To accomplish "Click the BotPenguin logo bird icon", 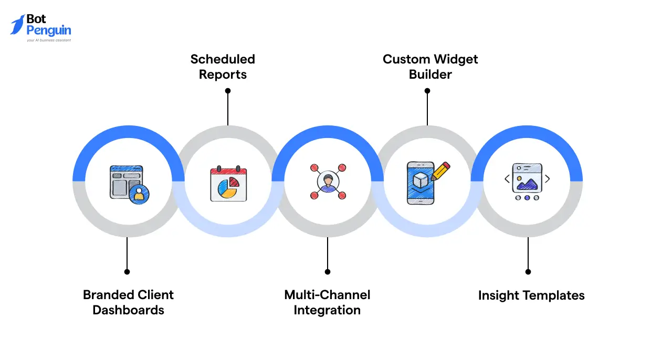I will coord(17,25).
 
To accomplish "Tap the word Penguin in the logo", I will coord(48,30).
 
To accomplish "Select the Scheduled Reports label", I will coord(223,67).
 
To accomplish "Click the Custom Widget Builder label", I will coord(430,67).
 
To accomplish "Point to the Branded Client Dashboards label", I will coord(128,302).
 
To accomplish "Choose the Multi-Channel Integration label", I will coord(327,302).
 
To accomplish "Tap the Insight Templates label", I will coord(531,295).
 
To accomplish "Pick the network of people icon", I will coord(328,182).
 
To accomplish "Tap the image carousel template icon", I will coord(527,182).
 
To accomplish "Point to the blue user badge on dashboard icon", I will coord(139,194).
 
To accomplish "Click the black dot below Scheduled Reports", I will coord(227,91).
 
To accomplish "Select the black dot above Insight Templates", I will coord(528,272).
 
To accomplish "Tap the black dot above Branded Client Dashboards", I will coord(127,272).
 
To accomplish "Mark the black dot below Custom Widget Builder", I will coord(427,91).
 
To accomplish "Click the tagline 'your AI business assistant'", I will coord(49,40).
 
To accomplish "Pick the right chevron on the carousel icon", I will coord(548,179).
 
